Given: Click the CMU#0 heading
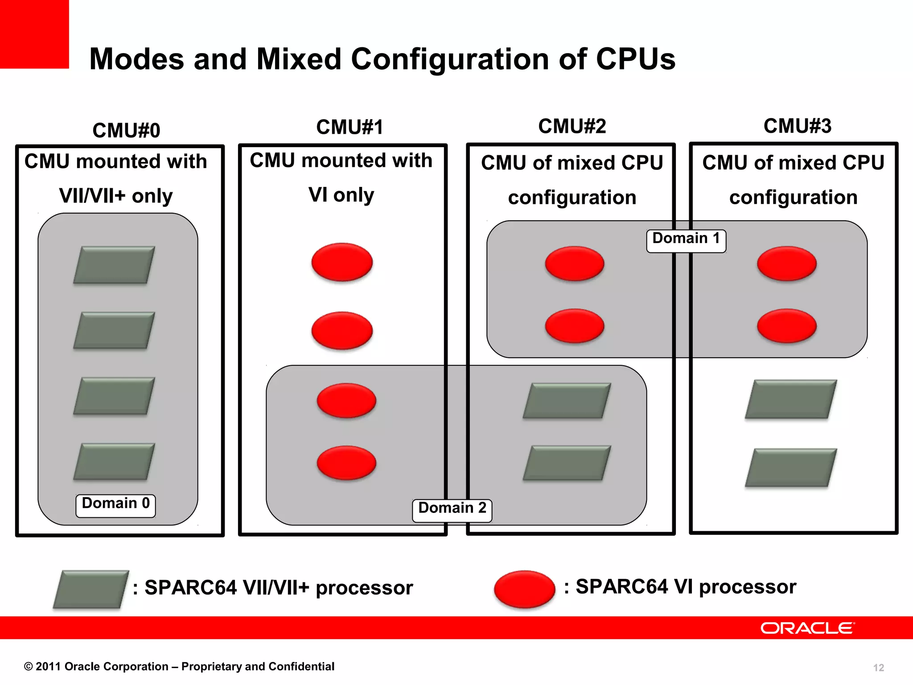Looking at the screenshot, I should click(x=126, y=131).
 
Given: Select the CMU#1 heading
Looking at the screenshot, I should click(x=350, y=127).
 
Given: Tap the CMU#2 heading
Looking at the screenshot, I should click(x=572, y=126).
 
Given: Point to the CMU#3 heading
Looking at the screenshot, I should click(x=797, y=126).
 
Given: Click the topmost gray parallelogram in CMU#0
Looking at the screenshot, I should click(x=114, y=265).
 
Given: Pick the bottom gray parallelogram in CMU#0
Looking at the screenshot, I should click(x=114, y=462).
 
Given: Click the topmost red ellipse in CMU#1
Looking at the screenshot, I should click(x=342, y=262).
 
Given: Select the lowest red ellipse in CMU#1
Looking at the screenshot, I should click(x=346, y=462).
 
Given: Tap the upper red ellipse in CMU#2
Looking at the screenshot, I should click(x=574, y=263).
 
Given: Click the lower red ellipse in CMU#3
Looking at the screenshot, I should click(x=786, y=326).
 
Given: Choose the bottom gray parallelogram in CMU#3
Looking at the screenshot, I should click(x=791, y=467).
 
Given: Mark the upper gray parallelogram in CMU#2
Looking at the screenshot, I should click(x=567, y=400).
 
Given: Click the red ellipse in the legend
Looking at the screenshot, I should click(x=524, y=589).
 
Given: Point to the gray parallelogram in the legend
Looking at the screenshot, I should click(x=91, y=589).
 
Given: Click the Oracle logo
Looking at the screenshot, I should click(x=807, y=628).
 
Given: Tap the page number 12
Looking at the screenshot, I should click(x=878, y=668).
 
